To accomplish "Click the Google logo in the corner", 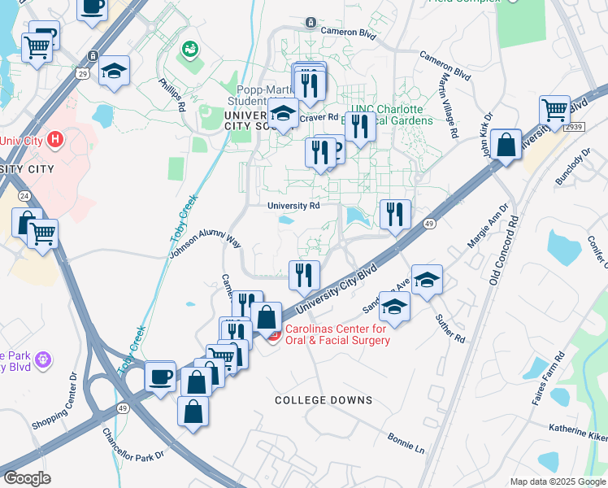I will pyautogui.click(x=27, y=478).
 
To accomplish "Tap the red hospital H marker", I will pyautogui.click(x=55, y=139).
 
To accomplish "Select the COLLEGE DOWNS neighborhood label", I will pyautogui.click(x=324, y=400).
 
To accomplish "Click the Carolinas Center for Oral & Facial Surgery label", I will pyautogui.click(x=337, y=334).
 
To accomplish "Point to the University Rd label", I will pyautogui.click(x=293, y=206).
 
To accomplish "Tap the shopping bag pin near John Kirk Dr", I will pyautogui.click(x=506, y=146).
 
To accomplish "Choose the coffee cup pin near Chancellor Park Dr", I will pyautogui.click(x=160, y=377).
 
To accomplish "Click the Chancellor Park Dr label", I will pyautogui.click(x=133, y=445).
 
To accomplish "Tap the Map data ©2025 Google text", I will pyautogui.click(x=558, y=481).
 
